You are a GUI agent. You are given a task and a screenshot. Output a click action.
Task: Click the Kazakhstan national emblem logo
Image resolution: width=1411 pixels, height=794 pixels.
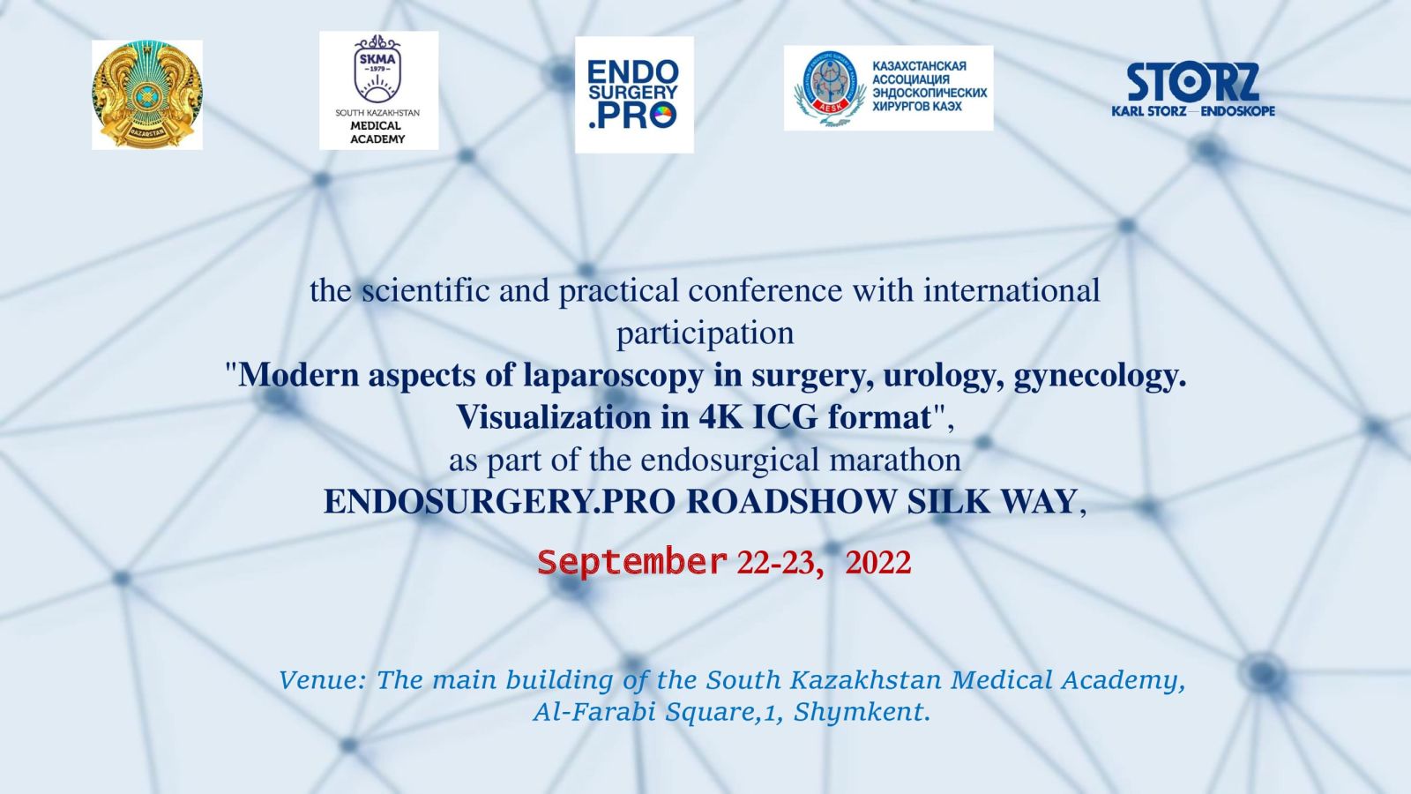point(146,95)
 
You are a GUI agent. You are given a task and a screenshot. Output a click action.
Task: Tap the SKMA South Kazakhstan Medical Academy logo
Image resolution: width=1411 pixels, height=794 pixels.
point(378,90)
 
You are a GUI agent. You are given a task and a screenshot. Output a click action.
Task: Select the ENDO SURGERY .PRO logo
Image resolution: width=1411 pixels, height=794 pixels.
point(634,94)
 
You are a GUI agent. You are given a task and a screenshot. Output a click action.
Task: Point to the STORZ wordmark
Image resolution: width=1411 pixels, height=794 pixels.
point(1193,82)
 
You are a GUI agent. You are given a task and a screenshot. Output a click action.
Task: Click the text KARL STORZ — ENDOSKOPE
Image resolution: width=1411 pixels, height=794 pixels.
point(1193,111)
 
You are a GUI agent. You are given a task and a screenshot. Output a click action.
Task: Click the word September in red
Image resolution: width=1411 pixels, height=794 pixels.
point(631,562)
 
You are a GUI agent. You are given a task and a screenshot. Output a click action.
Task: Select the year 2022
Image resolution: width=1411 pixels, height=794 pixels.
point(878,563)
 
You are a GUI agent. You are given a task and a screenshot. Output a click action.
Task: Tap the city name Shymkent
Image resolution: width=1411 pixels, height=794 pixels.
point(858,713)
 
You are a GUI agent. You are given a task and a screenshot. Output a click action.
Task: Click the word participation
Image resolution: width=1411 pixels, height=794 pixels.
point(705,334)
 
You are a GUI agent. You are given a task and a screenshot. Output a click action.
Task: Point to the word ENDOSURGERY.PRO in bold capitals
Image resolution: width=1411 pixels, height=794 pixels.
point(500,502)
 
